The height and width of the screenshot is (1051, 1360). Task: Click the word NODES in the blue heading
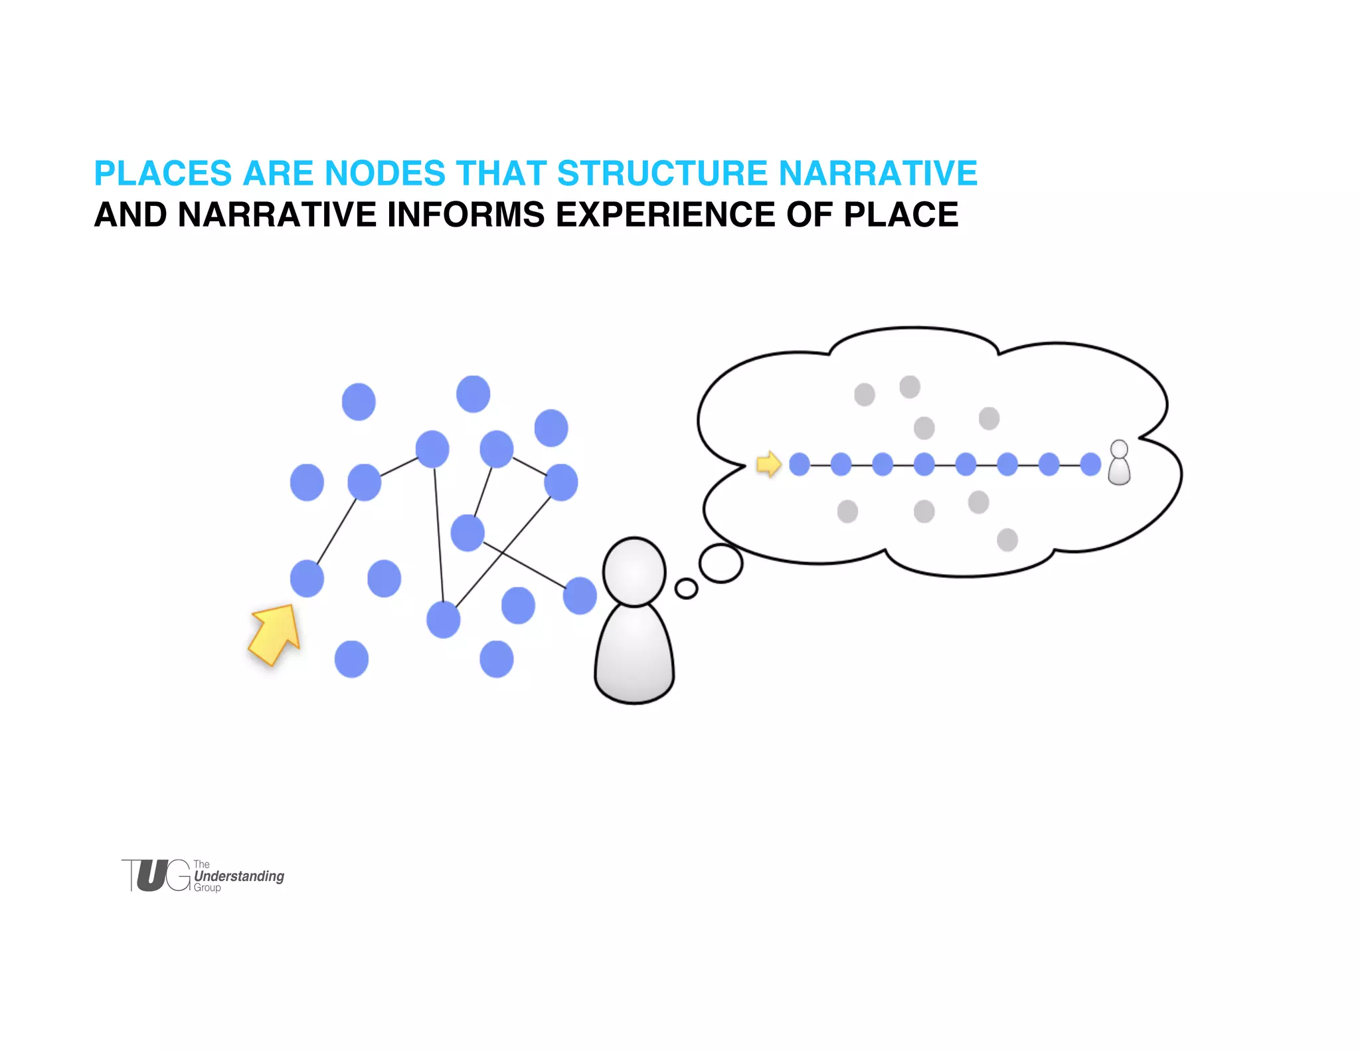[384, 173]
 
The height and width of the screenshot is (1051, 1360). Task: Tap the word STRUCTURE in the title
[662, 173]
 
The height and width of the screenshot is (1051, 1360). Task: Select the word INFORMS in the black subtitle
[466, 215]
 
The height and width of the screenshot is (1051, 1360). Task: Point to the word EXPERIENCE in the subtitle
[665, 215]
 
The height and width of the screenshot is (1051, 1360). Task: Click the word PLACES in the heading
[163, 173]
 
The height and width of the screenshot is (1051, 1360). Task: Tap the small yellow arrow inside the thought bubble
[769, 464]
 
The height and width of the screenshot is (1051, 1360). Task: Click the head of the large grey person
[634, 572]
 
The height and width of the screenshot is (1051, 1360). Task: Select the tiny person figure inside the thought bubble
[1119, 463]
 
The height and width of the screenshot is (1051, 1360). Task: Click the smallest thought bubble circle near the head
[686, 589]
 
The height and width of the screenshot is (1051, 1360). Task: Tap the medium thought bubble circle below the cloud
[721, 563]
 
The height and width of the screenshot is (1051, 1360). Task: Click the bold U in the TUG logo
[152, 876]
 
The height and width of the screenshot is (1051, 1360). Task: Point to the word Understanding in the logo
[239, 876]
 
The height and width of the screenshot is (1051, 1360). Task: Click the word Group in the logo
[207, 888]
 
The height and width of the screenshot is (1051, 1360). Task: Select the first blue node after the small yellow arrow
[800, 464]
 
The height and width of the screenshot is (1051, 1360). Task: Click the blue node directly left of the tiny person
[1090, 464]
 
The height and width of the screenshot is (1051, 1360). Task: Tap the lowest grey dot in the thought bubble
[1007, 540]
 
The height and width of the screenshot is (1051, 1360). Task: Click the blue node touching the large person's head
[580, 595]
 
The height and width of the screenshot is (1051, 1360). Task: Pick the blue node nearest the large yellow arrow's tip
[307, 579]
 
